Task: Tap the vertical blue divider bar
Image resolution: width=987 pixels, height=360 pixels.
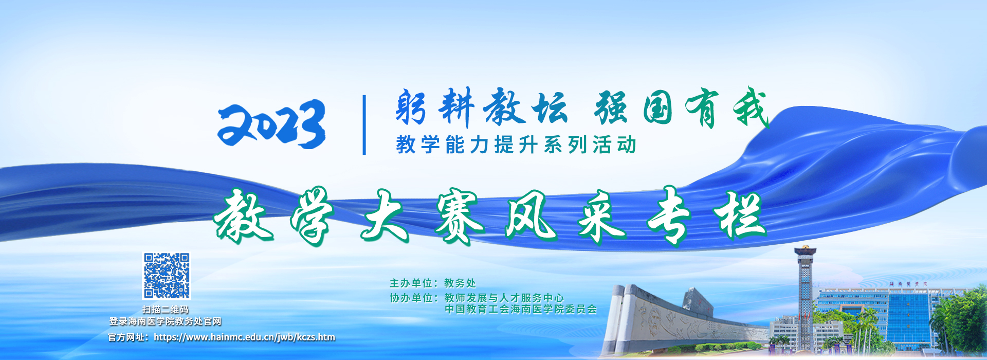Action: pos(364,125)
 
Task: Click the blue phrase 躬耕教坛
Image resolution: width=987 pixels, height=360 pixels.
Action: pos(481,107)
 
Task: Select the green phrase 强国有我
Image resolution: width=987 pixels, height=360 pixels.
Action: pos(682,107)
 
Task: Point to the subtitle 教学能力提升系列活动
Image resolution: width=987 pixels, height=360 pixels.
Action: pos(517,145)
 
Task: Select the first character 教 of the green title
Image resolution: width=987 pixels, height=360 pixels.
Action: pos(243,216)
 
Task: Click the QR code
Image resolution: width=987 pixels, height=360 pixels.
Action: pos(166,276)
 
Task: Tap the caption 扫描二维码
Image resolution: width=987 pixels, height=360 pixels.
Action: pos(166,310)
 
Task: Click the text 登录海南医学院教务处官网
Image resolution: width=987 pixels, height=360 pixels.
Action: pos(166,321)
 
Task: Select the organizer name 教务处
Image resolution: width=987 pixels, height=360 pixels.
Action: pos(460,283)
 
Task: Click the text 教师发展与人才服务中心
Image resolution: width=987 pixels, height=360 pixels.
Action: pos(504,298)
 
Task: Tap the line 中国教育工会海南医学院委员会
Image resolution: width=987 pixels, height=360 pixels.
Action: pos(521,309)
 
